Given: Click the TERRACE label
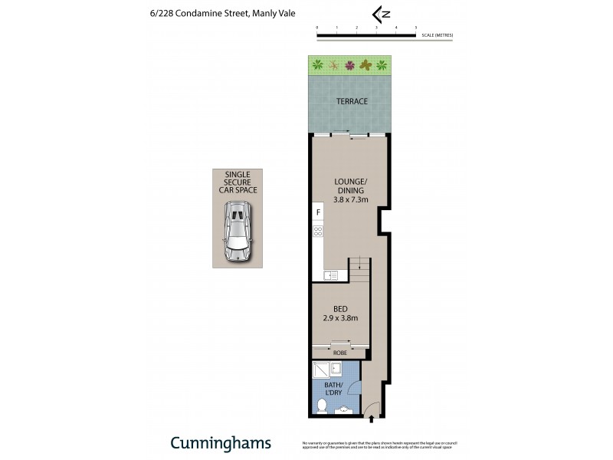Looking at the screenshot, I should click(351, 101).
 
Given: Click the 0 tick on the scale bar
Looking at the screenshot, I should click(317, 29).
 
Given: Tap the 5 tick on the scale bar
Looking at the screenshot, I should click(415, 29).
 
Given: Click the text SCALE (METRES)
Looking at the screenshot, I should click(437, 35).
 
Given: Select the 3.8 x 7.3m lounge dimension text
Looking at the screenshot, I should click(351, 199).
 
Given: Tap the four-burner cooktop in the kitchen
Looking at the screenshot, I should click(318, 230).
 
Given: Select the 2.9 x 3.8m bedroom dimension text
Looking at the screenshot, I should click(339, 319).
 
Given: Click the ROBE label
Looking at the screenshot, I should click(339, 353).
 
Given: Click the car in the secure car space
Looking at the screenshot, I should click(237, 232).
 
